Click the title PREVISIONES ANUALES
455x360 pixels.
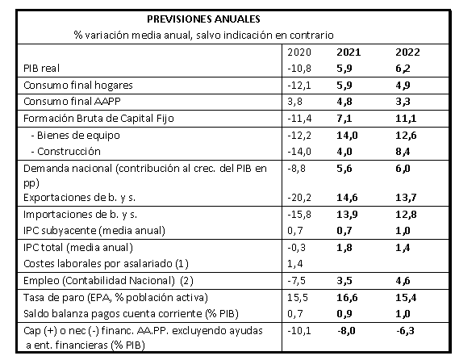pyautogui.click(x=203, y=19)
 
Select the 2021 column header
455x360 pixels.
pyautogui.click(x=349, y=52)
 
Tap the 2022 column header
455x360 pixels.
pyautogui.click(x=407, y=52)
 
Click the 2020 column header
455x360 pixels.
pyautogui.click(x=299, y=52)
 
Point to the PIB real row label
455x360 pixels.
pyautogui.click(x=41, y=69)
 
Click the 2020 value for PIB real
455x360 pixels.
pyautogui.click(x=299, y=69)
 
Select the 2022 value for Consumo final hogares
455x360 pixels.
pyautogui.click(x=403, y=86)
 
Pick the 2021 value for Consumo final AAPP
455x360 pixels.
pyautogui.click(x=344, y=102)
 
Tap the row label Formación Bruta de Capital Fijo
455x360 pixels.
pyautogui.click(x=98, y=119)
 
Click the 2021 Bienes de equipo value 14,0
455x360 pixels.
pyautogui.click(x=347, y=136)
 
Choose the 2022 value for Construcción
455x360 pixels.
pyautogui.click(x=403, y=152)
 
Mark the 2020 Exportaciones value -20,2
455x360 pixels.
pyautogui.click(x=299, y=198)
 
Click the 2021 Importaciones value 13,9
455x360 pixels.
pyautogui.click(x=347, y=215)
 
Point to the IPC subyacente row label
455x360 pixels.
pyautogui.click(x=94, y=231)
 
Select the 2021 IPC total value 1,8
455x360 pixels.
pyautogui.click(x=344, y=248)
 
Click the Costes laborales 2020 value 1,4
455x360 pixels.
pyautogui.click(x=294, y=264)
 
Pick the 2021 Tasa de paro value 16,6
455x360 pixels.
pyautogui.click(x=347, y=298)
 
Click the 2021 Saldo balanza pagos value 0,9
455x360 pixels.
pyautogui.click(x=344, y=314)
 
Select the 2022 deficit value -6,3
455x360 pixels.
pyautogui.click(x=405, y=331)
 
